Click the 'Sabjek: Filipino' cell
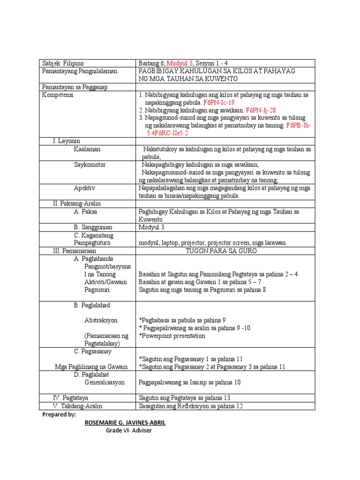(x=63, y=63)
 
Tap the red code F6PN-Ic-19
(x=218, y=102)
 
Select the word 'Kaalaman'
(x=87, y=149)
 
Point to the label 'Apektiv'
(x=84, y=188)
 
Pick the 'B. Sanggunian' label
(x=94, y=227)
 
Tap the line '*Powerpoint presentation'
(x=172, y=336)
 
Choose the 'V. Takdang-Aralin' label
(x=77, y=406)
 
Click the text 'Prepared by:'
(x=59, y=415)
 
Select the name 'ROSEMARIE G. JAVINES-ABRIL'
(x=125, y=423)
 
